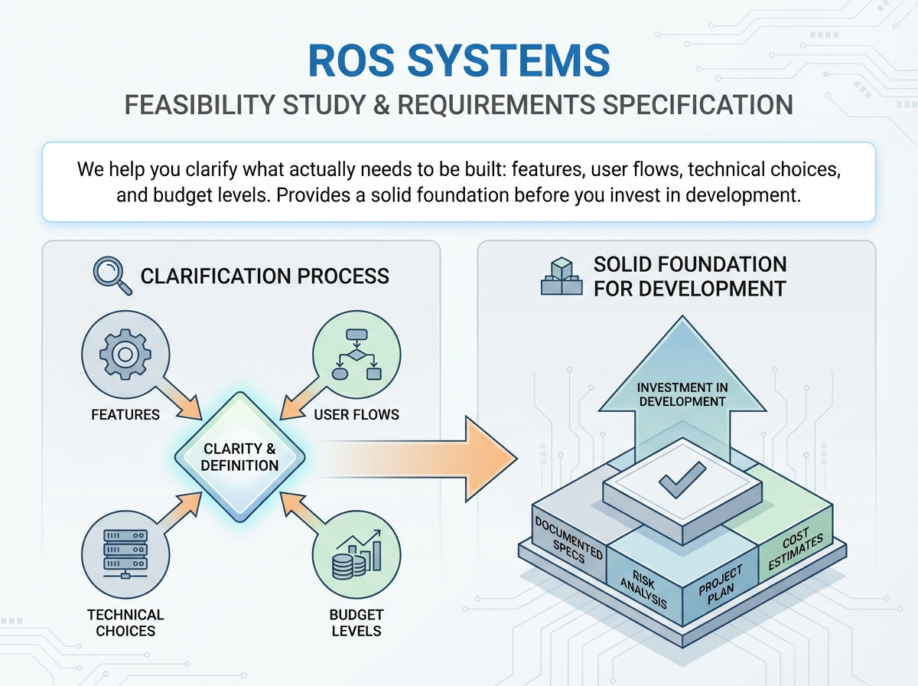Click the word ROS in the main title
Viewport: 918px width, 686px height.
(x=351, y=61)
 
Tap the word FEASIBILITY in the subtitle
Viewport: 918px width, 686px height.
(x=200, y=105)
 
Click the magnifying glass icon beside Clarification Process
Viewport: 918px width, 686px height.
(x=112, y=276)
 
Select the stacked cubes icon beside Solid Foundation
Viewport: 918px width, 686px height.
(x=562, y=276)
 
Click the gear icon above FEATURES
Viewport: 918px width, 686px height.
(x=125, y=354)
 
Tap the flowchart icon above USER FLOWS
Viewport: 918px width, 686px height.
(x=356, y=354)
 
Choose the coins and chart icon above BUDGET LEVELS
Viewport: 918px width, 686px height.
(x=356, y=554)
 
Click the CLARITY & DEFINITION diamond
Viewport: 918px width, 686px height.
(x=239, y=457)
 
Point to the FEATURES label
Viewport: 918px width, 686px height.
(x=125, y=415)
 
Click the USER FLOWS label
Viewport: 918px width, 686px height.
(x=356, y=415)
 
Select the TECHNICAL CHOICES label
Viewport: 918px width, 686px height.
(x=125, y=622)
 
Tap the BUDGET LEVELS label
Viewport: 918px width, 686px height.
(x=356, y=622)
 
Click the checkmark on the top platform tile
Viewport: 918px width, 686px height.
(x=682, y=479)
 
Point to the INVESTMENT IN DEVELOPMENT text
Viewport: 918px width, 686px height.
(x=682, y=394)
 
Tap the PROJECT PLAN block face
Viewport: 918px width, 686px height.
(x=721, y=585)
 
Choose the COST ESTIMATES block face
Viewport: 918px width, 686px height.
(x=796, y=544)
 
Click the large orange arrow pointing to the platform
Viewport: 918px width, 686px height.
(x=418, y=459)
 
